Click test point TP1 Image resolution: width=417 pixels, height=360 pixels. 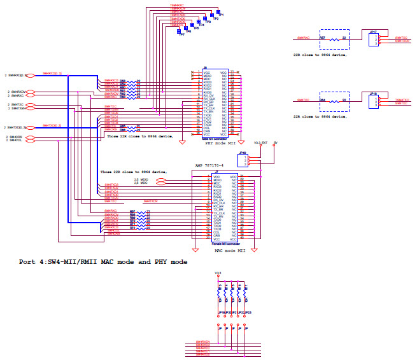click(218, 11)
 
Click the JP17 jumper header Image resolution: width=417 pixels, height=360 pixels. click(374, 39)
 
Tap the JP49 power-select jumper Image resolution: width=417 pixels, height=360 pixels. click(243, 159)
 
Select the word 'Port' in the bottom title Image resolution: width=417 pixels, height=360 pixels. click(27, 262)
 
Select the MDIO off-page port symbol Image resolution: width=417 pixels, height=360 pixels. click(161, 179)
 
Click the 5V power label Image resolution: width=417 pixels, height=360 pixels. click(274, 142)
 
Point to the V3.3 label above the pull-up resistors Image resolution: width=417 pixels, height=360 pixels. click(218, 274)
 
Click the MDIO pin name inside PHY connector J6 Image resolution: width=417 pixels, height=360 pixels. click(208, 76)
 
